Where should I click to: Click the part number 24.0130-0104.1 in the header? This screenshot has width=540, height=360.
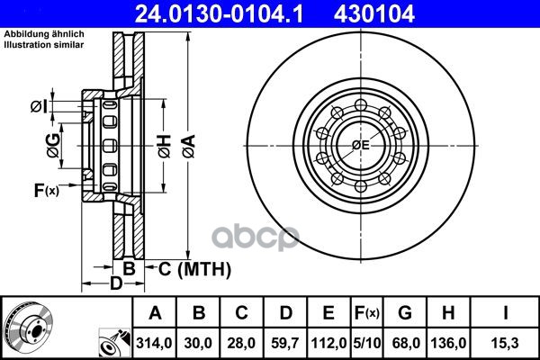219,13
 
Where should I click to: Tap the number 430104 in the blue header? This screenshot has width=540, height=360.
373,13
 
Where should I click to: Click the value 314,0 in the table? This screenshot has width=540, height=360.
154,343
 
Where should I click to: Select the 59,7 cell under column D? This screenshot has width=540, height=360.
284,343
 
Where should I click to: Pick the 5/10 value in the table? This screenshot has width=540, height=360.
367,343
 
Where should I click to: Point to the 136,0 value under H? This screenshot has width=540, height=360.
448,343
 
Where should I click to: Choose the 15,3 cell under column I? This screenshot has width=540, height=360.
505,343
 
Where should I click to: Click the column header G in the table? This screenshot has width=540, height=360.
405,313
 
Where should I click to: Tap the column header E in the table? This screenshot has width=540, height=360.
328,313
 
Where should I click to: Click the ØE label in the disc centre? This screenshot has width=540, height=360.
361,145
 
